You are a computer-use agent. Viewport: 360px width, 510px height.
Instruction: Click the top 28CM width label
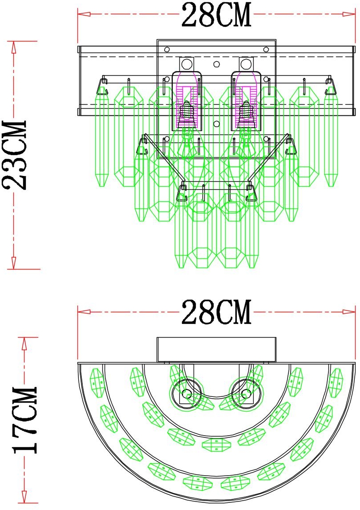[216, 16]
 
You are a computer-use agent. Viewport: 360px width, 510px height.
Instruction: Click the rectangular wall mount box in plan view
[217, 350]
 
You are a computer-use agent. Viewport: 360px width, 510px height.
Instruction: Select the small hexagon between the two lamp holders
[216, 64]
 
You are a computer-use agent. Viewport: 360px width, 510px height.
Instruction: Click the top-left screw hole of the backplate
[167, 49]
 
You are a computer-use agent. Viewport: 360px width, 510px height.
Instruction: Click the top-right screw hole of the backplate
[266, 49]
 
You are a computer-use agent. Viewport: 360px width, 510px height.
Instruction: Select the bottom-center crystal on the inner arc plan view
[217, 443]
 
